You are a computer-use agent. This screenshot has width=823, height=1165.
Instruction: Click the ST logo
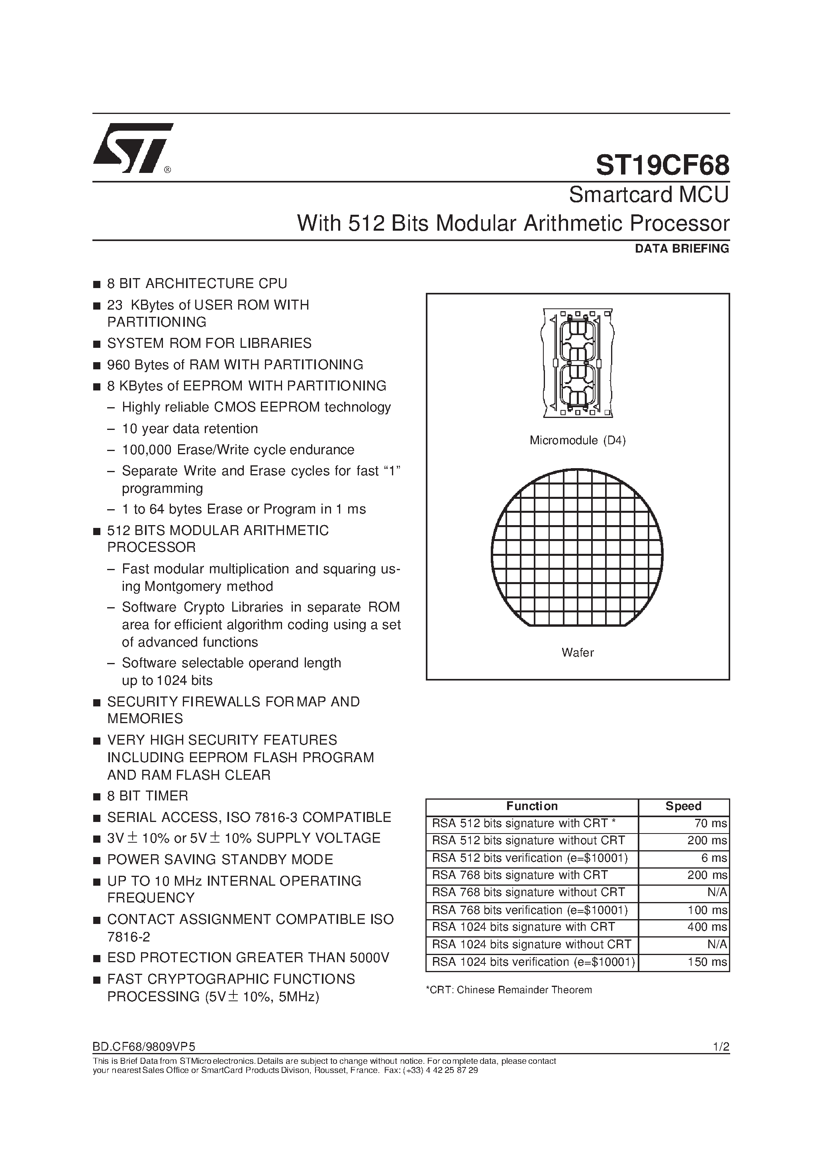click(x=133, y=148)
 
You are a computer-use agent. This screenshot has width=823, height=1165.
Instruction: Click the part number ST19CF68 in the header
click(x=662, y=165)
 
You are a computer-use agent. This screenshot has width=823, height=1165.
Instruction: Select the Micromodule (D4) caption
click(x=578, y=440)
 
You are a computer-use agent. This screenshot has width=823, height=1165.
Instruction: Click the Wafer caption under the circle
click(x=578, y=653)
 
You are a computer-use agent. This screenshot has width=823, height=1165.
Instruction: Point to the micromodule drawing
click(x=578, y=363)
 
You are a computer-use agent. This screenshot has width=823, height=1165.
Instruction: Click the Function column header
click(x=532, y=806)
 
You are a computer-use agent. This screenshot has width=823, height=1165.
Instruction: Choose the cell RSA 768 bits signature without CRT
click(x=528, y=892)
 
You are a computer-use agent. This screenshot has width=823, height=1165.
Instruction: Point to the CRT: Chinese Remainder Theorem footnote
click(x=508, y=990)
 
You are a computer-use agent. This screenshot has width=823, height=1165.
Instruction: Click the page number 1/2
click(x=721, y=1046)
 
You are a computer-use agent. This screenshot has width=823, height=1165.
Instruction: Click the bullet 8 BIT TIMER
click(x=147, y=796)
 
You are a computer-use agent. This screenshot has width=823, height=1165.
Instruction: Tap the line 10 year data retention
click(x=190, y=429)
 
